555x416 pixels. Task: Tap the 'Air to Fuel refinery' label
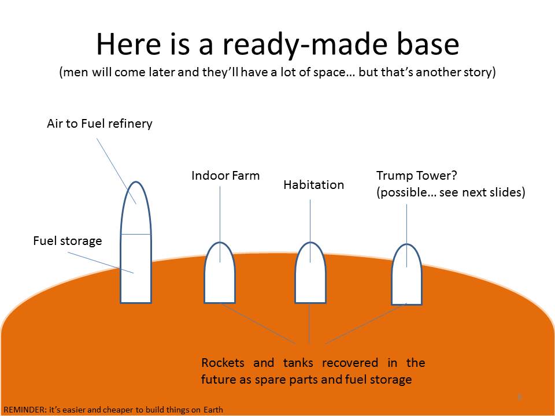pyautogui.click(x=99, y=124)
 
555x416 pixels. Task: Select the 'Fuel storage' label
pyautogui.click(x=67, y=241)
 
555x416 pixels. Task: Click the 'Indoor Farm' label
pyautogui.click(x=225, y=176)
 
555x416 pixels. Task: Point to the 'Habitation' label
pyautogui.click(x=313, y=185)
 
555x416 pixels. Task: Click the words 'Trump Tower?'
pyautogui.click(x=417, y=176)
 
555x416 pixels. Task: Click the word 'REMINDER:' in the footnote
pyautogui.click(x=25, y=410)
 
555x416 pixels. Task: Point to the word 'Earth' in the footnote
pyautogui.click(x=213, y=410)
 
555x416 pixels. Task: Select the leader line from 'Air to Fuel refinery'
pyautogui.click(x=116, y=171)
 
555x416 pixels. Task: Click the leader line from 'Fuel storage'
pyautogui.click(x=101, y=262)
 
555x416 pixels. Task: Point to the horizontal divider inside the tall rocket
pyautogui.click(x=136, y=234)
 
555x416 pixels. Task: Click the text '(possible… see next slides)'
pyautogui.click(x=450, y=192)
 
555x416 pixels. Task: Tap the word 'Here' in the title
pyautogui.click(x=129, y=44)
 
